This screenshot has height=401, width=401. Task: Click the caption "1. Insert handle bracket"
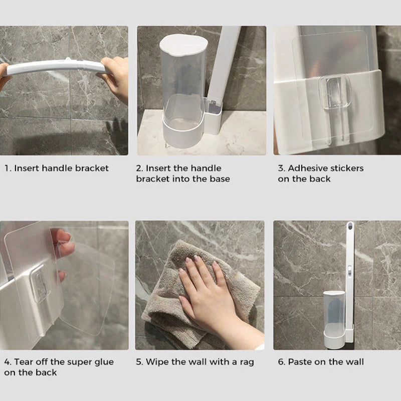[x=56, y=168]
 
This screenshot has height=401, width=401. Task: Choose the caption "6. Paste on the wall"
[x=321, y=362]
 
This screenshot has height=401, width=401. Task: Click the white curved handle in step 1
[x=55, y=67]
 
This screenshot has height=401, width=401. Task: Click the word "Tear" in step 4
[x=24, y=362]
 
